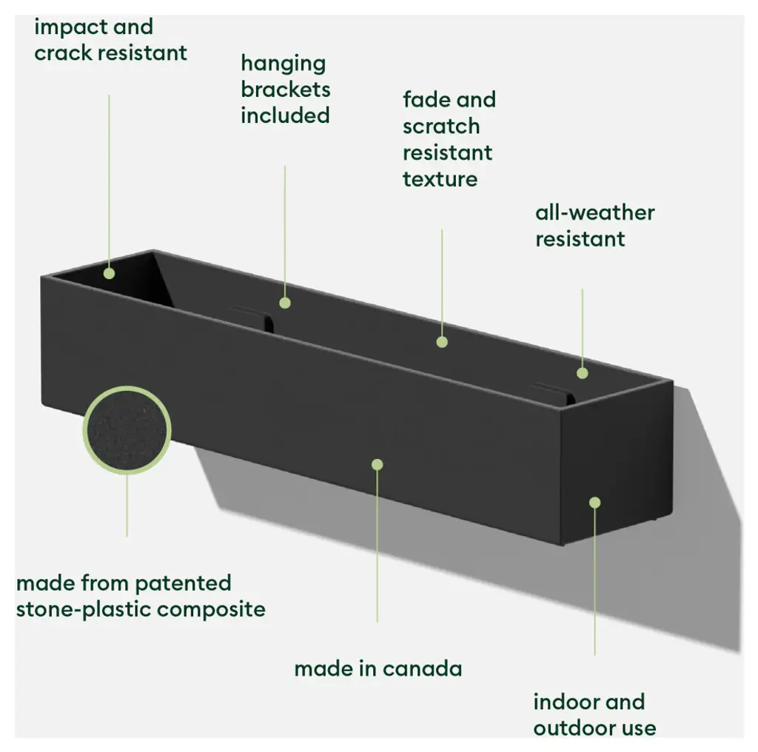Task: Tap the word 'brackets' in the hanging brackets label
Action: (285, 90)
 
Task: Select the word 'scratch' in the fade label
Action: (441, 127)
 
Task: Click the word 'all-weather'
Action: (594, 213)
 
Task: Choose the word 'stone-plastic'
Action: (84, 610)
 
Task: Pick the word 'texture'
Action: (440, 179)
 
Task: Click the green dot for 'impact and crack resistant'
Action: (110, 273)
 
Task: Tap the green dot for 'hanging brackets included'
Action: (285, 302)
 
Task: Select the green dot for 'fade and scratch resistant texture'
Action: (442, 342)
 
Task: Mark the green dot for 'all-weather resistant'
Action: (583, 373)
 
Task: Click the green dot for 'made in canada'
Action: (377, 464)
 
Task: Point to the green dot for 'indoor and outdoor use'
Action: (594, 503)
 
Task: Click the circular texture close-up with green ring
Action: (127, 430)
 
